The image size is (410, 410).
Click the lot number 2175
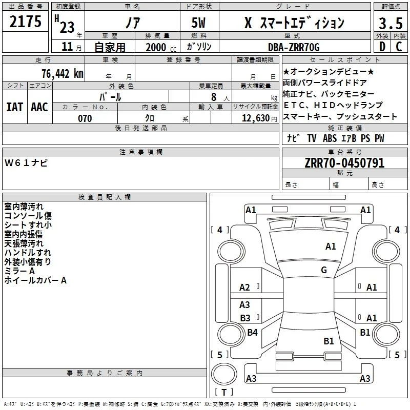(25, 22)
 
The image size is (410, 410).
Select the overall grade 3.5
(391, 23)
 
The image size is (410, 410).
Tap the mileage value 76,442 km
(63, 74)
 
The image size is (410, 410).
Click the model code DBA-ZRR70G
(294, 47)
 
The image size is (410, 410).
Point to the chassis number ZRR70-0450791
(344, 163)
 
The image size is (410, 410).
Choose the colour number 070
(85, 118)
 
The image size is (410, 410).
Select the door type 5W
(198, 23)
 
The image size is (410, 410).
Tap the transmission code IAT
(14, 107)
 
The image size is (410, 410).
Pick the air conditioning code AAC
(39, 107)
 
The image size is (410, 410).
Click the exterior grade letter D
(382, 47)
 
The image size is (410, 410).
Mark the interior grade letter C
(399, 47)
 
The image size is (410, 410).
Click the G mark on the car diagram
(324, 270)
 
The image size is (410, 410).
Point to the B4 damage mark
(252, 332)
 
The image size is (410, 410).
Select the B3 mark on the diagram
(245, 318)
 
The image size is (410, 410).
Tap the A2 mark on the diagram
(244, 288)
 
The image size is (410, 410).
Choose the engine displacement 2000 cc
(161, 47)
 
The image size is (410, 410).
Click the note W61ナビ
(26, 163)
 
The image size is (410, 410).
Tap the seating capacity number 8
(214, 97)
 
